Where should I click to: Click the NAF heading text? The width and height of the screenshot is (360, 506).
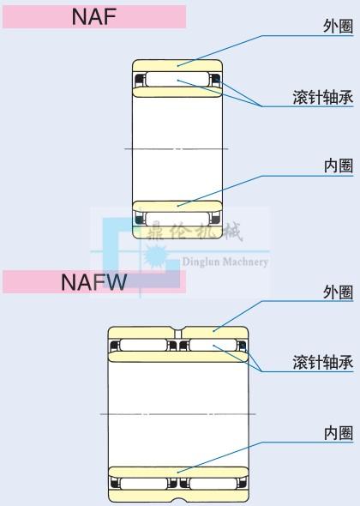pos(94,16)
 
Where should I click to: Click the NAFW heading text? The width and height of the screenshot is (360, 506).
pos(93,282)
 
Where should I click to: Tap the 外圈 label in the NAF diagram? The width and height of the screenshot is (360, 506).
pos(338,26)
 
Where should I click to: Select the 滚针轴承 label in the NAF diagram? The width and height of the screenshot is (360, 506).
pos(323,97)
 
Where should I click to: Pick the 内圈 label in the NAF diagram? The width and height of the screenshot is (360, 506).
pos(339,166)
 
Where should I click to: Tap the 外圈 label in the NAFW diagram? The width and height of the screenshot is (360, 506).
pos(338,292)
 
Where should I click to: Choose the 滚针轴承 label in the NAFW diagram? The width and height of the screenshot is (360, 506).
pos(323,363)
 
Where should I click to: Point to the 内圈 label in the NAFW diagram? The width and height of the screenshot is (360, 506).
pos(339,433)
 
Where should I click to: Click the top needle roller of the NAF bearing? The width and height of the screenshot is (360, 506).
pos(177,79)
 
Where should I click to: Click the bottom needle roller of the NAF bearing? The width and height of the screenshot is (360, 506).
pos(177,219)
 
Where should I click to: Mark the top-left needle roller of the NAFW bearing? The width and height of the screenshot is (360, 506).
pos(143,345)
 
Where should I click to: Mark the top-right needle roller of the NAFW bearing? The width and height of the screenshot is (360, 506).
pos(213,345)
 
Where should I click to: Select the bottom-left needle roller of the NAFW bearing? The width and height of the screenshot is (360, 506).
pos(143,484)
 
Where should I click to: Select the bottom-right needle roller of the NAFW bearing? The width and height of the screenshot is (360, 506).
pos(213,484)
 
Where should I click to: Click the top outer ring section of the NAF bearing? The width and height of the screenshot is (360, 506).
pos(177,65)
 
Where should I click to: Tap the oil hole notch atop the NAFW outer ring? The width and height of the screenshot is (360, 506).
pos(178,334)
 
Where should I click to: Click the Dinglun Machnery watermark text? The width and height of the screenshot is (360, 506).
pos(225,262)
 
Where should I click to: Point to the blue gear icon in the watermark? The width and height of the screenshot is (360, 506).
pos(156,256)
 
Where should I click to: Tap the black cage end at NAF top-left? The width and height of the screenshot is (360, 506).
pos(140,80)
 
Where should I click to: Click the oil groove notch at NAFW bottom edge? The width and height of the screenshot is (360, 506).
pos(178,501)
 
